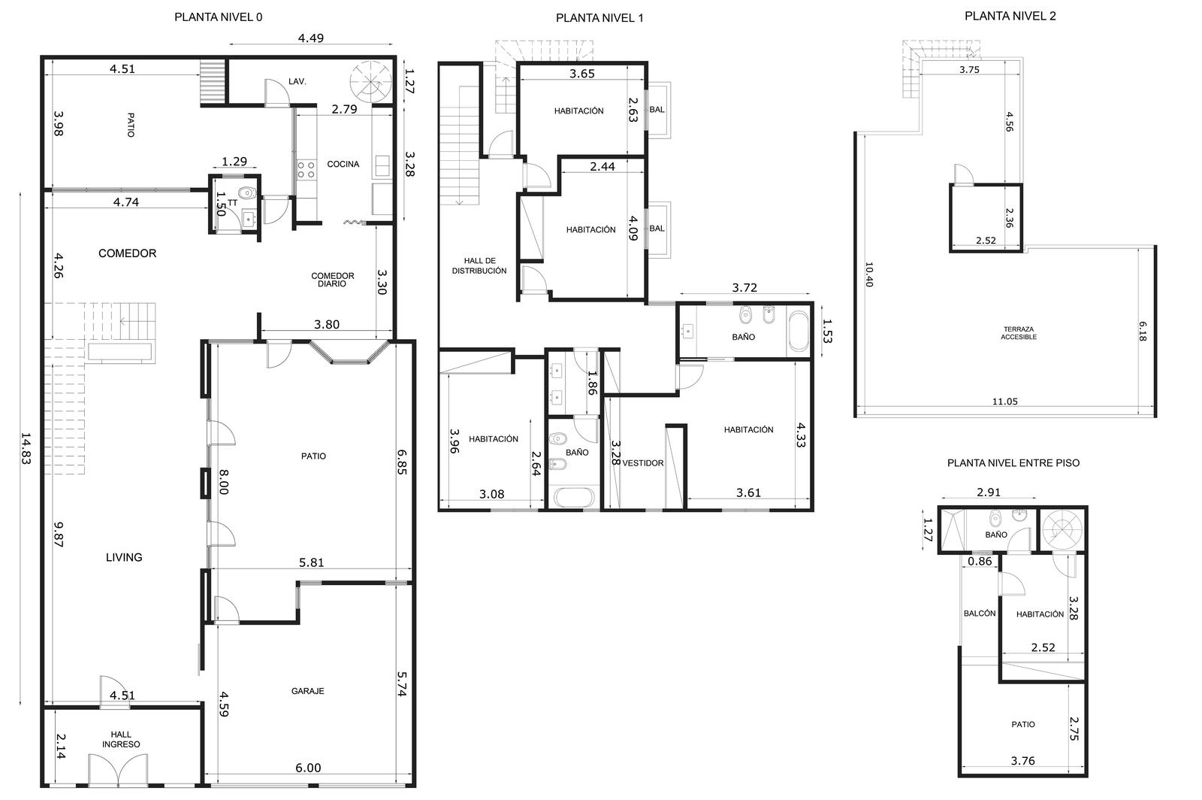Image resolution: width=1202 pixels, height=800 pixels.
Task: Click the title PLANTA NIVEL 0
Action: (x=219, y=17)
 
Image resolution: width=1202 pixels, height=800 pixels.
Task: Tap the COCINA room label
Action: (x=343, y=165)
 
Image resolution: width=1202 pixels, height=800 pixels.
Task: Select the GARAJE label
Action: (x=307, y=691)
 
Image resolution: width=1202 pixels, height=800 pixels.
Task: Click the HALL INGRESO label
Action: (x=121, y=739)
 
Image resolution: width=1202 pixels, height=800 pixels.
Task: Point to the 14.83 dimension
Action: (x=26, y=448)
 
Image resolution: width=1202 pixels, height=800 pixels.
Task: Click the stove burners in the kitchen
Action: (x=306, y=170)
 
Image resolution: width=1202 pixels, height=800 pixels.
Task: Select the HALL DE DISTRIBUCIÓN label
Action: (x=479, y=265)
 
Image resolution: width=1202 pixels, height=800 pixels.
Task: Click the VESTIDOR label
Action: (x=643, y=463)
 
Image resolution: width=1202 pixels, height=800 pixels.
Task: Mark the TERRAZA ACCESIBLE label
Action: (x=1019, y=333)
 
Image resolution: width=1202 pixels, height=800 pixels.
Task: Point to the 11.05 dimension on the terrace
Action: (x=1004, y=401)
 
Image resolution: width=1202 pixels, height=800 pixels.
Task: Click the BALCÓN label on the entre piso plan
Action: (x=980, y=613)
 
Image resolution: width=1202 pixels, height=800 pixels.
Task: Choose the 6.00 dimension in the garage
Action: (x=308, y=768)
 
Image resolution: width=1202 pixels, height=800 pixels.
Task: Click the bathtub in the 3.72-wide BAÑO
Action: (x=799, y=331)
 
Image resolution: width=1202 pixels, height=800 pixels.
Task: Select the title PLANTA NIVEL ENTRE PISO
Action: (x=1013, y=463)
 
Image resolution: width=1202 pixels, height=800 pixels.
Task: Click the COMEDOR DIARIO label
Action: (x=333, y=280)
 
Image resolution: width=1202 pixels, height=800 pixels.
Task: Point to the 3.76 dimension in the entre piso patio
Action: (x=1022, y=761)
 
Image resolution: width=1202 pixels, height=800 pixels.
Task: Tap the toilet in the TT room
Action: (x=246, y=192)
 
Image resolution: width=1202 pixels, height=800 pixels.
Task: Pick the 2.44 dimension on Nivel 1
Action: (x=602, y=166)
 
